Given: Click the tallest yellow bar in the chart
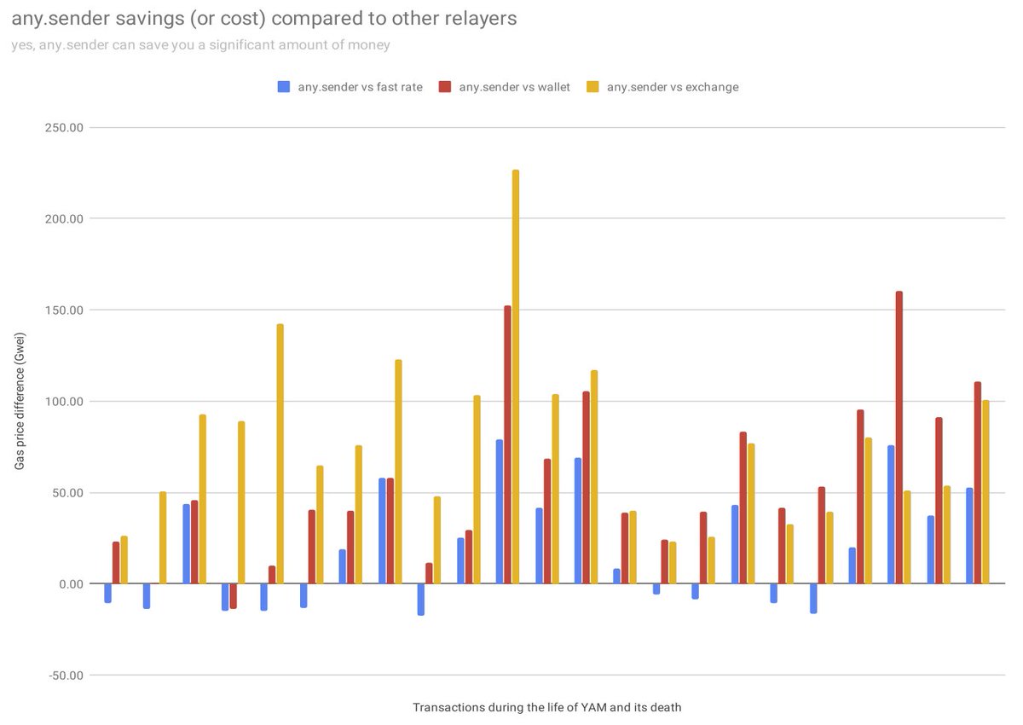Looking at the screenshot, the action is tap(516, 376).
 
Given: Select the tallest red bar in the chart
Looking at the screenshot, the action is tap(899, 438).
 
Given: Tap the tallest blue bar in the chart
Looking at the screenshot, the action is tap(500, 512).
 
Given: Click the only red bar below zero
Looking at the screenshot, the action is tap(234, 595).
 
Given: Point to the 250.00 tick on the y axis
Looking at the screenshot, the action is tap(64, 127).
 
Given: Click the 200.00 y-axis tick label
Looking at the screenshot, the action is tap(64, 219).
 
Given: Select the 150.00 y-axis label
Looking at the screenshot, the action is tap(64, 310).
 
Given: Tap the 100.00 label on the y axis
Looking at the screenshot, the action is tap(64, 402).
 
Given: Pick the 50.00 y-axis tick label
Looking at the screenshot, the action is tap(66, 493).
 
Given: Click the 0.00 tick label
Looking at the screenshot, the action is tap(72, 583).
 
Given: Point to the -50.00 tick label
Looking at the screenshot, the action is tap(66, 676).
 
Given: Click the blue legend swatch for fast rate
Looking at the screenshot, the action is tap(284, 87).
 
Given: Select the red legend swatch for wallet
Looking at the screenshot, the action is tap(444, 87).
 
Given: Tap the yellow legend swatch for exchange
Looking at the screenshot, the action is tap(592, 87).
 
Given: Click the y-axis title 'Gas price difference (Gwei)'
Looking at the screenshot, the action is tap(19, 401).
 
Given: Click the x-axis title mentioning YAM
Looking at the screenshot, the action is tap(547, 707).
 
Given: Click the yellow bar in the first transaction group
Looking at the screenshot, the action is tap(124, 560).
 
